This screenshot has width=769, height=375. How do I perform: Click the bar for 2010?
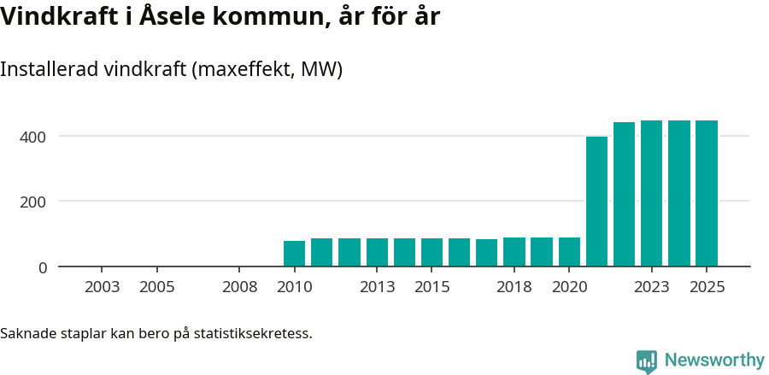pos(294,254)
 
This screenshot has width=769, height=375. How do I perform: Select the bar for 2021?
pos(596,202)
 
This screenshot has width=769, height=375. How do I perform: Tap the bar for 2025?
pos(707,194)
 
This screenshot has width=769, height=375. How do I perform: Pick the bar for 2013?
pos(377,253)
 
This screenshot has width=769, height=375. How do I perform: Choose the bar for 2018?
pos(514,252)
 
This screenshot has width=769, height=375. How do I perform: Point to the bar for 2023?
pos(651,194)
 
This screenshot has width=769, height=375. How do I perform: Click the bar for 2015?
pos(431,253)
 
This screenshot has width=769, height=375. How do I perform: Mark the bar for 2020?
pos(569,252)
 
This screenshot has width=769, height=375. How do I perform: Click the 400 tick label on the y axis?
pos(35,137)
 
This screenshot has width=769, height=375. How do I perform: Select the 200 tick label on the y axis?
pos(35,202)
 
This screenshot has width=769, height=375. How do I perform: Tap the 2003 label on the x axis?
pos(102,287)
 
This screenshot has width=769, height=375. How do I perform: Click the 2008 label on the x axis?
pos(239,287)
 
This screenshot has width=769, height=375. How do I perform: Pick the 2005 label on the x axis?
pos(157,287)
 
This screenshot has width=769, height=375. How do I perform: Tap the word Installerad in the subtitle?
pos(50,70)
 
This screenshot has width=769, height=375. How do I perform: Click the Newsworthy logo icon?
pos(647,361)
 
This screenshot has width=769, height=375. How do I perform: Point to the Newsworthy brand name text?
pos(714,360)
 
